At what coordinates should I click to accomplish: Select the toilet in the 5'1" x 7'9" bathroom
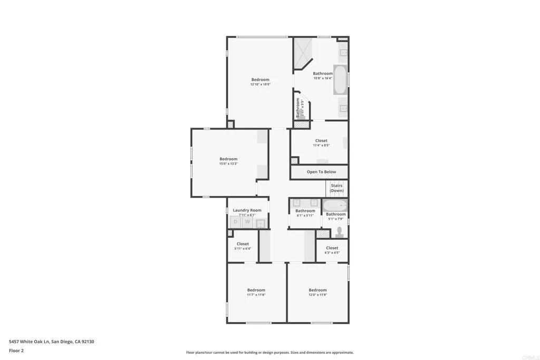[x=340, y=231]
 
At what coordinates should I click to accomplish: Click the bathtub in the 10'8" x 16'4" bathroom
[x=340, y=80]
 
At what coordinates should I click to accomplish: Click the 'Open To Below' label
[x=321, y=172]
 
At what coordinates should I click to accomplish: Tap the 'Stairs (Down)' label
[x=336, y=188]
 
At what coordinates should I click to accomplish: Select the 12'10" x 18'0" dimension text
[x=260, y=84]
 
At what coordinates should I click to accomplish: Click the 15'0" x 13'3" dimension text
[x=228, y=163]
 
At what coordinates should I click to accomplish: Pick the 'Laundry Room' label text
[x=247, y=210]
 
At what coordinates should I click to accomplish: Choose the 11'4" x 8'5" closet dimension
[x=321, y=145]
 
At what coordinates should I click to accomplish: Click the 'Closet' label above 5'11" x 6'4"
[x=243, y=244]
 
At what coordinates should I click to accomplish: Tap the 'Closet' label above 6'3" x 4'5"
[x=332, y=248]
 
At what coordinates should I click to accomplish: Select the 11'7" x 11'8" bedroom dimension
[x=256, y=295]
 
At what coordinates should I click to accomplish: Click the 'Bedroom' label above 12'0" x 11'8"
[x=317, y=290]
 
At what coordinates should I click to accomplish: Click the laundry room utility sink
[x=261, y=223]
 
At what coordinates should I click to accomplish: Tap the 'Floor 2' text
[x=16, y=350]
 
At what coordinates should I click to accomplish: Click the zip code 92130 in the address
[x=87, y=342]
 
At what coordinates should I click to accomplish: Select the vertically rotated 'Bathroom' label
[x=298, y=107]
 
